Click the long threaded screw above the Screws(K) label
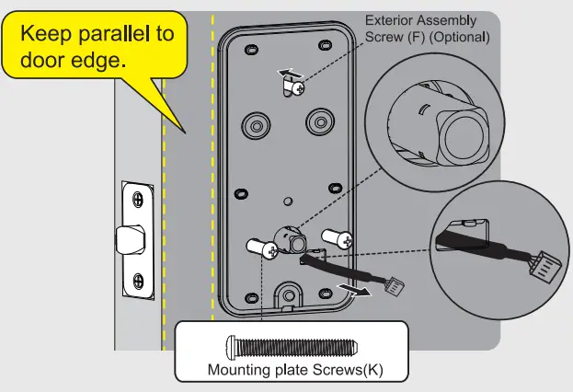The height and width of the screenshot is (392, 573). pyautogui.click(x=290, y=346)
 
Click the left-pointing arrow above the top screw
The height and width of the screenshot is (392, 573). pyautogui.click(x=288, y=70)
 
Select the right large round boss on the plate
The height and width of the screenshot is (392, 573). pyautogui.click(x=318, y=121)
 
